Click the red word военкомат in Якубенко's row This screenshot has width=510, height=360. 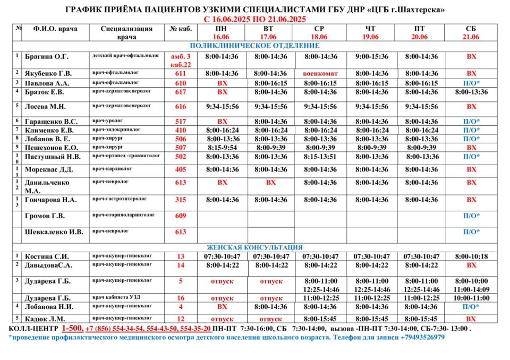(320, 73)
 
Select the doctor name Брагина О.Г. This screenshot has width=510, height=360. (47, 56)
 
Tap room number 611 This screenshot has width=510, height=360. (181, 73)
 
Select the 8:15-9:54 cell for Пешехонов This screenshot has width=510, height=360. (222, 148)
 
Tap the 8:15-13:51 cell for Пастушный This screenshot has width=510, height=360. (320, 157)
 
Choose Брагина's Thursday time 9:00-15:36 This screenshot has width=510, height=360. (371, 56)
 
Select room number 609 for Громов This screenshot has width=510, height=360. (181, 216)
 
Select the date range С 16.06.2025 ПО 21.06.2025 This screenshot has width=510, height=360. (254, 19)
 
